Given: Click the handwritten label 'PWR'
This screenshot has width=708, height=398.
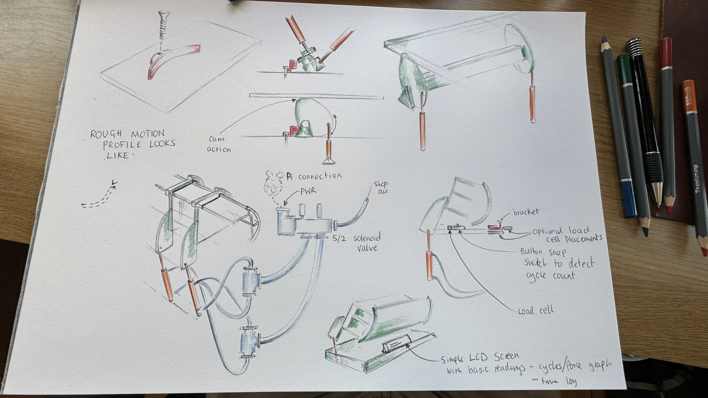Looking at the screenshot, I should click(x=308, y=191).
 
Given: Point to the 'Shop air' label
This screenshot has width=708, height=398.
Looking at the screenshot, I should click(x=381, y=187).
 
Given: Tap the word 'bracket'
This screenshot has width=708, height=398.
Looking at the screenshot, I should click(x=526, y=212).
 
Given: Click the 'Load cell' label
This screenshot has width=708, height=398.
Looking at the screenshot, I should click(x=535, y=310).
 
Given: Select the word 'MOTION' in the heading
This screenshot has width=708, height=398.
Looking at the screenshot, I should click(x=148, y=133).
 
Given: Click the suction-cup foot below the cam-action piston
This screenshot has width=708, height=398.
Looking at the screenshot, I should click(x=329, y=161).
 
